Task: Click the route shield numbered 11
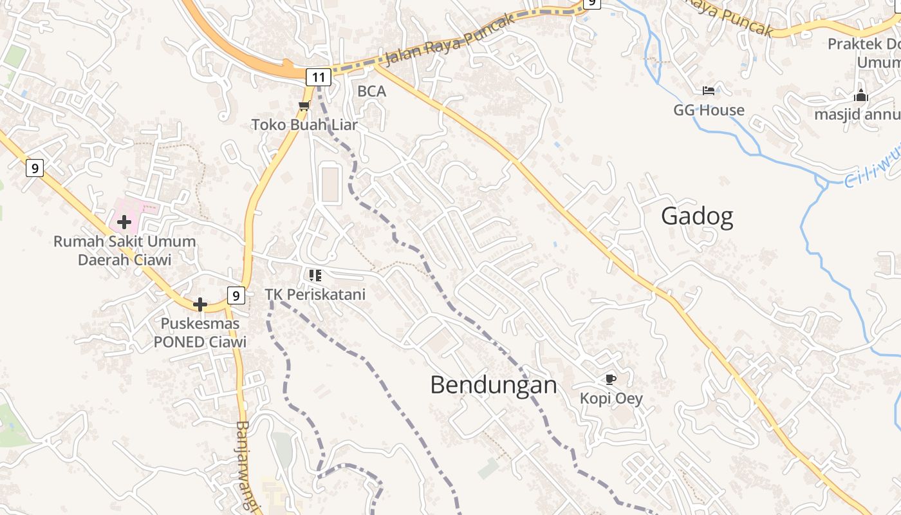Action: pyautogui.click(x=319, y=78)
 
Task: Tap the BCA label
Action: pyautogui.click(x=372, y=91)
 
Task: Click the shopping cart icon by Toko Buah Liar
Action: pyautogui.click(x=304, y=106)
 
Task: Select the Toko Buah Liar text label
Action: pyautogui.click(x=304, y=124)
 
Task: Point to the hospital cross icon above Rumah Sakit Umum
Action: pyautogui.click(x=124, y=223)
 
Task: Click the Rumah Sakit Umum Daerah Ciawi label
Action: pyautogui.click(x=124, y=250)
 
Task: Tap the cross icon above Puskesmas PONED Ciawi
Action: pyautogui.click(x=200, y=304)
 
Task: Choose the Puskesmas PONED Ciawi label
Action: pyautogui.click(x=200, y=332)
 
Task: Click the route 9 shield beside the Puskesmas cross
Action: pyautogui.click(x=236, y=296)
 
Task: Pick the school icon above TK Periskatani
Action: pyautogui.click(x=315, y=276)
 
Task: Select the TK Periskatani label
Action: pyautogui.click(x=315, y=294)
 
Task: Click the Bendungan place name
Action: pyautogui.click(x=493, y=385)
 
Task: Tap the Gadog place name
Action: pyautogui.click(x=697, y=216)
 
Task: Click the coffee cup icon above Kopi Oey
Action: pyautogui.click(x=610, y=379)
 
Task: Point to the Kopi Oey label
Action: pyautogui.click(x=611, y=398)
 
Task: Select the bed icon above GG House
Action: pyautogui.click(x=709, y=91)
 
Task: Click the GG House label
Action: pyautogui.click(x=709, y=110)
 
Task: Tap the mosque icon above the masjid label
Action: pyautogui.click(x=861, y=96)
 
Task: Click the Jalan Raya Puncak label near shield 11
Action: pyautogui.click(x=450, y=39)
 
